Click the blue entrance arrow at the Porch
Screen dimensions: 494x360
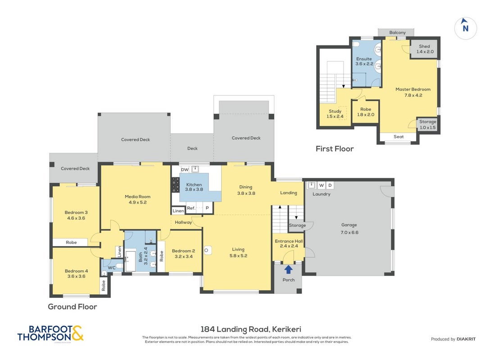[x=288, y=270]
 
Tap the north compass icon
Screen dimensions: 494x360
[x=465, y=28]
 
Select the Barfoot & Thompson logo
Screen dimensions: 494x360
[x=50, y=333]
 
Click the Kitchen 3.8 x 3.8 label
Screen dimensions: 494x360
[x=194, y=187]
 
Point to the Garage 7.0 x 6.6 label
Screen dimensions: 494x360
[x=349, y=229]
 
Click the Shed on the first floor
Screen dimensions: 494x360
[x=425, y=49]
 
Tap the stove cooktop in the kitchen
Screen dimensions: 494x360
[x=175, y=185]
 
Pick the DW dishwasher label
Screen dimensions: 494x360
[x=185, y=170]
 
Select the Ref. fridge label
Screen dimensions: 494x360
[x=191, y=208]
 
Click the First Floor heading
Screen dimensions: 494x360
[x=335, y=148]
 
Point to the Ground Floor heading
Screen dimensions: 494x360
[x=72, y=306]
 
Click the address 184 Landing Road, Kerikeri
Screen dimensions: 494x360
[x=251, y=329]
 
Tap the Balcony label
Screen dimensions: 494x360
[x=397, y=32]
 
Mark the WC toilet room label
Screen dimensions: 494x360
[x=112, y=268]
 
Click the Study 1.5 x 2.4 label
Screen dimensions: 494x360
[x=335, y=114]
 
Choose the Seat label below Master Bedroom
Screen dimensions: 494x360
[x=399, y=137]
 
